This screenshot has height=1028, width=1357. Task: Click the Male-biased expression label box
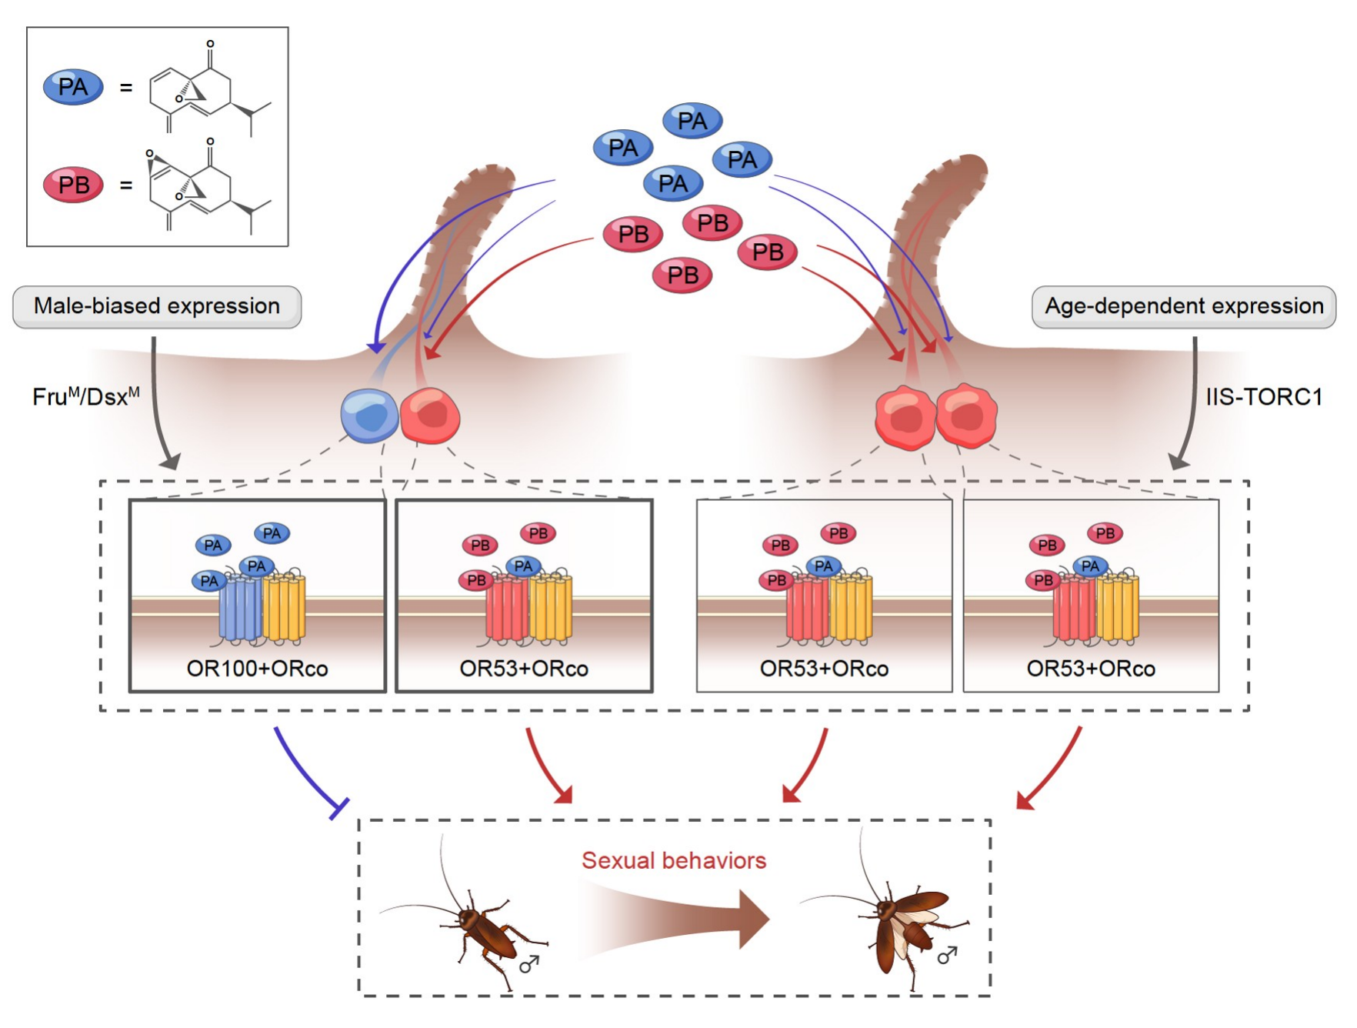[157, 307]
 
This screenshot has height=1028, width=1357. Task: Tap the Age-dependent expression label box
[1183, 307]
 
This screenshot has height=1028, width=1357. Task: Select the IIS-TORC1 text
[1263, 397]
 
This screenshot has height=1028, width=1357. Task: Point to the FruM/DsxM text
[85, 397]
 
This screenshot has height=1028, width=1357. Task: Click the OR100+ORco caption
[257, 669]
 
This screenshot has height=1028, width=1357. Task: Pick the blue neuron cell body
[369, 416]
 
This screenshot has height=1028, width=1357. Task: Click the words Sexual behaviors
[674, 860]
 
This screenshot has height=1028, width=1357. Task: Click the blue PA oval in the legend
[73, 87]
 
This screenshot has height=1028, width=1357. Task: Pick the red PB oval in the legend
[73, 185]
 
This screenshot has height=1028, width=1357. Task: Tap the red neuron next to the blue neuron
[431, 416]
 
